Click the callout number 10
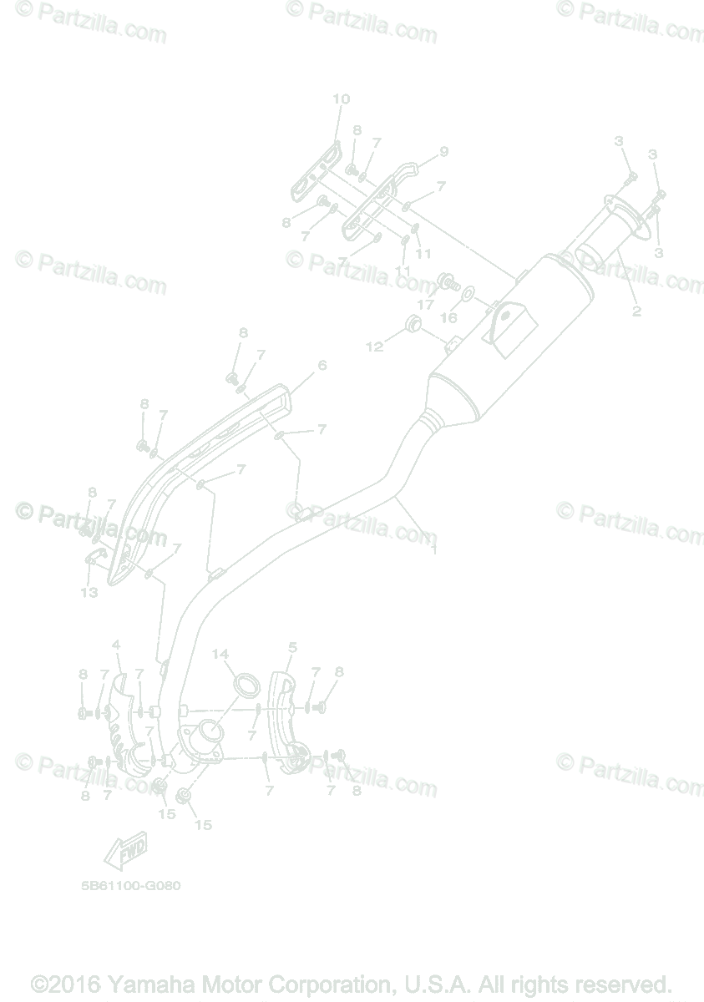[x=341, y=99]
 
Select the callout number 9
[x=443, y=151]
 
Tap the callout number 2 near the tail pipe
[x=636, y=311]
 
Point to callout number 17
[x=426, y=305]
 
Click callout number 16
[x=448, y=317]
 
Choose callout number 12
[x=375, y=345]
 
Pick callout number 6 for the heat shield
[x=322, y=365]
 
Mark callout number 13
[x=89, y=592]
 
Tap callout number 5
[x=292, y=646]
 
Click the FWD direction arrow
[x=125, y=851]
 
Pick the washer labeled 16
[x=469, y=294]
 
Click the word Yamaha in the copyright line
[x=147, y=984]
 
